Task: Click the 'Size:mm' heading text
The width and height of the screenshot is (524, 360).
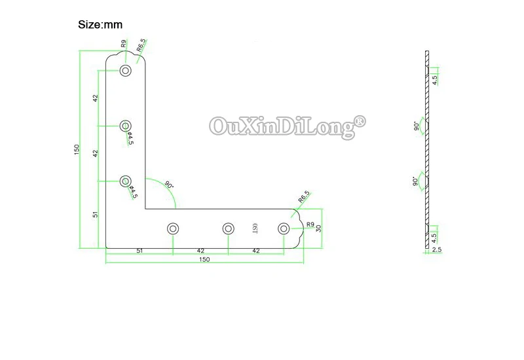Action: tap(100, 25)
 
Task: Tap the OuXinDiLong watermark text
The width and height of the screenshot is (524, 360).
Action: tap(280, 124)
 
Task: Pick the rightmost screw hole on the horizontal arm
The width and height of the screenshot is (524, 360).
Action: tap(284, 228)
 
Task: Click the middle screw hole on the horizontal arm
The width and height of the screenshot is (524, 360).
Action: tap(228, 228)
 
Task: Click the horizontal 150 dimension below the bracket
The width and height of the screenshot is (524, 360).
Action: tap(204, 259)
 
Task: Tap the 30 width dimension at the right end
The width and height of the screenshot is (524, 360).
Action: tap(318, 228)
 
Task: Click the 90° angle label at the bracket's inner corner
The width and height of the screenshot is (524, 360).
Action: tap(169, 185)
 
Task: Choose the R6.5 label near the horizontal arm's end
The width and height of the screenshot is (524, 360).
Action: tap(303, 196)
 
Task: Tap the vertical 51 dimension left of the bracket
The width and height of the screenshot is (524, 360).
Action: tap(96, 215)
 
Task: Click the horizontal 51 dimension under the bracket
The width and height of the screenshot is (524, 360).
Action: tap(140, 250)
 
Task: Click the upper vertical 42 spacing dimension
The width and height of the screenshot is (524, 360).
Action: tap(96, 98)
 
